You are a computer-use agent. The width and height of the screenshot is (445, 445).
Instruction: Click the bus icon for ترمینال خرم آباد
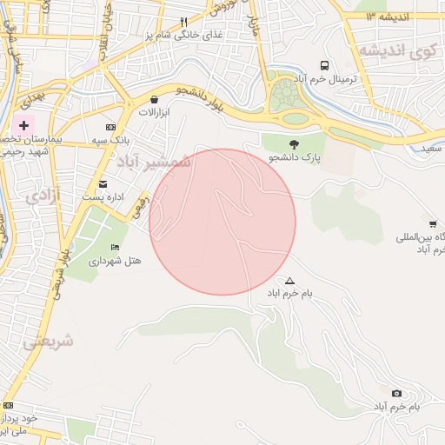(324, 65)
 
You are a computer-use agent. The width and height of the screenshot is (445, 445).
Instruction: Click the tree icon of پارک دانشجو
(294, 144)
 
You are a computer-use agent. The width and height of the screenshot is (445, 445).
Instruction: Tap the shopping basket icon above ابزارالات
(155, 99)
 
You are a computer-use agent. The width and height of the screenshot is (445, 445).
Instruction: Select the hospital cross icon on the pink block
(23, 126)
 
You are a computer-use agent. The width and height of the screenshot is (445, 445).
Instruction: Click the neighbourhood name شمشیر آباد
(153, 163)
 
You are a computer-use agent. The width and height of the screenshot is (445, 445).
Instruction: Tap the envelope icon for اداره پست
(103, 183)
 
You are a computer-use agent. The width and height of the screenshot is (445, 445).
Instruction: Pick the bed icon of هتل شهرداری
(116, 247)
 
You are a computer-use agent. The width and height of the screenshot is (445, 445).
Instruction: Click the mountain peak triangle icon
(289, 281)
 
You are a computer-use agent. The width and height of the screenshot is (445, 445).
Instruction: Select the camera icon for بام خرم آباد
(397, 394)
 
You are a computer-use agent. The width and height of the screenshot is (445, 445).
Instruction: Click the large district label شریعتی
(48, 342)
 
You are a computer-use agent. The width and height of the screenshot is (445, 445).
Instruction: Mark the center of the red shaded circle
(222, 222)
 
